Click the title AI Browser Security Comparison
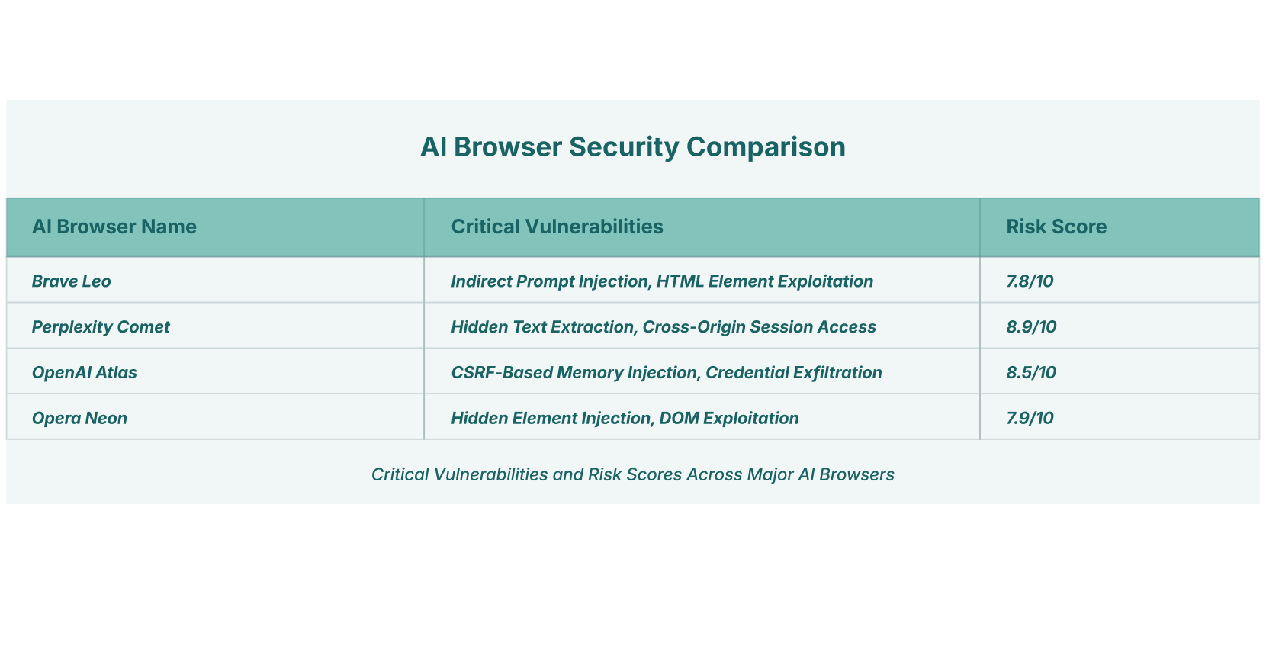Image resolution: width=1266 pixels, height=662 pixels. (633, 147)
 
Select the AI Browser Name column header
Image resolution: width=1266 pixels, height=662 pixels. (114, 227)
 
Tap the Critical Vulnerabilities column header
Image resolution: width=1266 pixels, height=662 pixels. (557, 227)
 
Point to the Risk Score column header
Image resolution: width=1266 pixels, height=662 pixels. (1056, 227)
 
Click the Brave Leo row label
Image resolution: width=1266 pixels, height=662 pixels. (71, 281)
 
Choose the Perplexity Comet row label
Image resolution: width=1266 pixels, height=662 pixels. (101, 326)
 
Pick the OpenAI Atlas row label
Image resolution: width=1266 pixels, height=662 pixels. (84, 372)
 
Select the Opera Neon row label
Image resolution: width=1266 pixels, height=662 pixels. (79, 419)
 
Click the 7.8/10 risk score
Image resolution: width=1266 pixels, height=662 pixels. (1030, 281)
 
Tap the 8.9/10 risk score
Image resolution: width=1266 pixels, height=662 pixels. (1031, 326)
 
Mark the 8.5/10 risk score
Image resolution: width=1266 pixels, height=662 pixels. (1031, 372)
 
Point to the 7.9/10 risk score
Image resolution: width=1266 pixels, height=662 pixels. (1030, 419)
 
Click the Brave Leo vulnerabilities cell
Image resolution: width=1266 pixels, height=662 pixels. (662, 281)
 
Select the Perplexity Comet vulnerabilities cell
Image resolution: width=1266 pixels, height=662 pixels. (664, 326)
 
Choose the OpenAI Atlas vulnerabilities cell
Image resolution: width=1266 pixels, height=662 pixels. (667, 372)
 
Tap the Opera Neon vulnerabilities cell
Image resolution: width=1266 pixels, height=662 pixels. (625, 419)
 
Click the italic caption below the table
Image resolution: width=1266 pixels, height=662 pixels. (632, 474)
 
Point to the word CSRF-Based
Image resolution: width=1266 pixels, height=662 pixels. (501, 372)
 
